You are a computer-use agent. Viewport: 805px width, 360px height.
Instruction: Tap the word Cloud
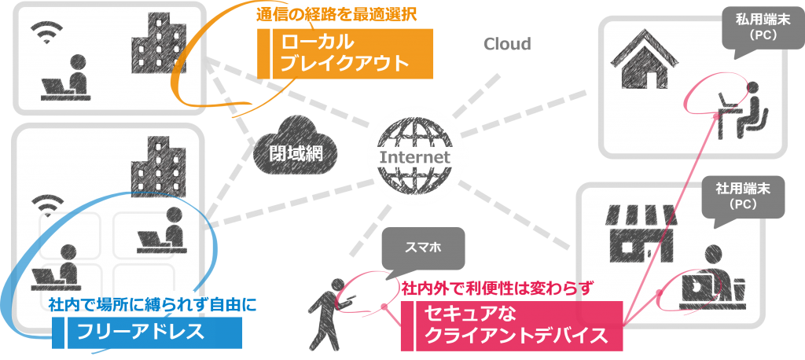(506, 44)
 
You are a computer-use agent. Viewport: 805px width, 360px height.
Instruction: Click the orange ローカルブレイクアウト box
(346, 53)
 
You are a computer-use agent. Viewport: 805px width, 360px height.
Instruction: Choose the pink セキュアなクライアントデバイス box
(512, 325)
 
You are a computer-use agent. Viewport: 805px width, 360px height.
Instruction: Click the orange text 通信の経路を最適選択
(335, 15)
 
